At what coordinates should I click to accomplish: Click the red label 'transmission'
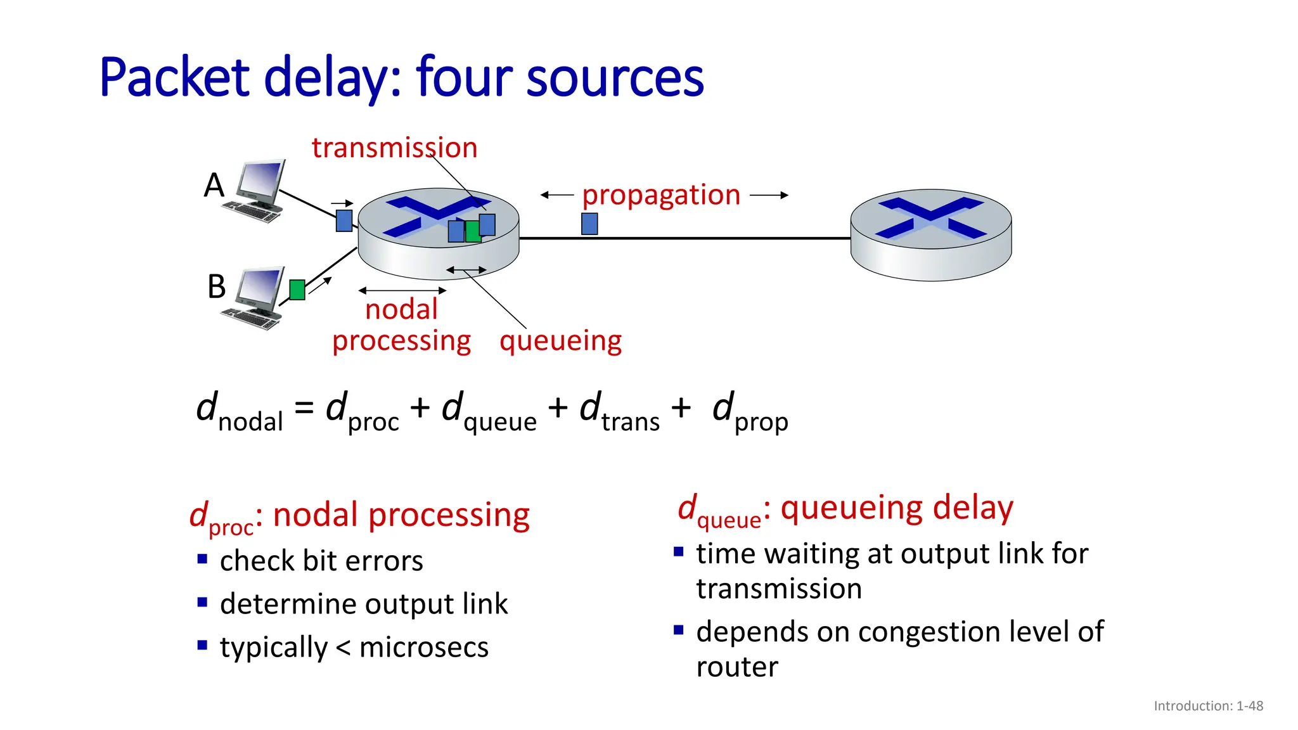click(x=394, y=148)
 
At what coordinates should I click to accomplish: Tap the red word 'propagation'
click(x=661, y=195)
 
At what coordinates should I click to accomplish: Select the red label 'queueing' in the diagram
click(x=560, y=341)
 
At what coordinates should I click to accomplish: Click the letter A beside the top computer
click(x=214, y=186)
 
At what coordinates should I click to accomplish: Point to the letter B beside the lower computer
click(x=216, y=286)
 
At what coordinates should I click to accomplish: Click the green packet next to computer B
click(x=297, y=290)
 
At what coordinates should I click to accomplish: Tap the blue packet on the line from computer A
click(x=344, y=221)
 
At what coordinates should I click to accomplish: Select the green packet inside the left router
click(x=472, y=231)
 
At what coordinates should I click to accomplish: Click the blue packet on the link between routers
click(x=589, y=224)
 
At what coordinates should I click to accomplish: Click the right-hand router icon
click(x=930, y=234)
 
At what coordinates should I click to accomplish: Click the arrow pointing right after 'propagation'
click(x=769, y=195)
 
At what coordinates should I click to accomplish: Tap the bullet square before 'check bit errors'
click(x=202, y=559)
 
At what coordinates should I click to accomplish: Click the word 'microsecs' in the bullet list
click(x=423, y=648)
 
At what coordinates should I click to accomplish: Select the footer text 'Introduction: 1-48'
click(x=1208, y=706)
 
